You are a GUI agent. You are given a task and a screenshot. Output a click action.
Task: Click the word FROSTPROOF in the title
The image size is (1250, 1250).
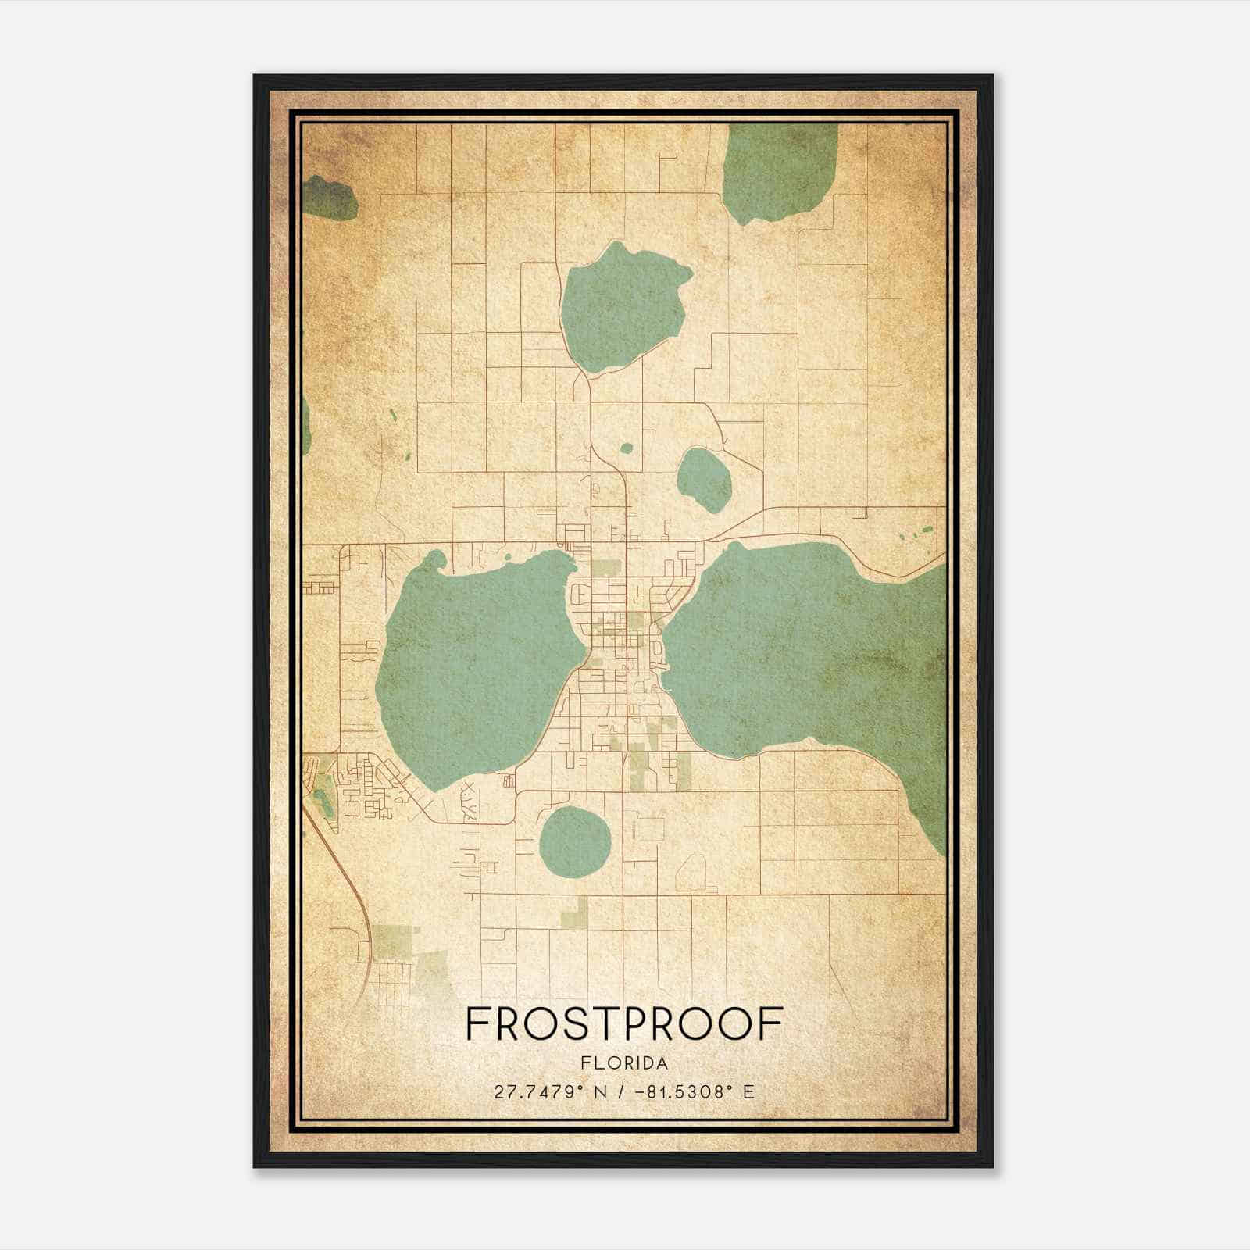623,1024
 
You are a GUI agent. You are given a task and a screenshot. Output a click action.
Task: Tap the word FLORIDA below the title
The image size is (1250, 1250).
623,1062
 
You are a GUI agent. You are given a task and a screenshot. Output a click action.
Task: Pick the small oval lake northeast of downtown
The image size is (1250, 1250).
704,479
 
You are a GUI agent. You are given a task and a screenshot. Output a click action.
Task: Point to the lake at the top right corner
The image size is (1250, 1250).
778,172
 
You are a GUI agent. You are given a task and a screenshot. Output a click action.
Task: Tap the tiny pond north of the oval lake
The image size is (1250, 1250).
626,448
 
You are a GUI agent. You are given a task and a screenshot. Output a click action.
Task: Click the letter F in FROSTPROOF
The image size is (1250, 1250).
476,1024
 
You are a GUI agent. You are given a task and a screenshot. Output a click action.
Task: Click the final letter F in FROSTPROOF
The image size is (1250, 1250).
773,1024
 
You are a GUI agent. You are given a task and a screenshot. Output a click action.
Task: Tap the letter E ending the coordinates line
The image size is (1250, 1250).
748,1091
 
